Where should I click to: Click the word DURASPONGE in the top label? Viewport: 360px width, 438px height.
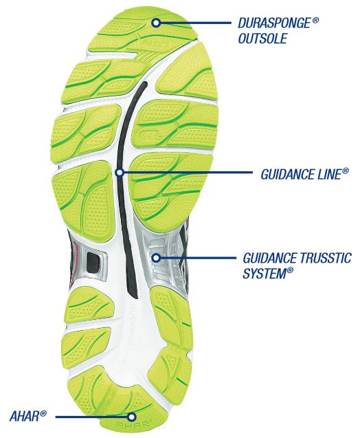[274, 23]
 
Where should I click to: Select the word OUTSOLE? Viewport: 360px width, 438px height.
[262, 39]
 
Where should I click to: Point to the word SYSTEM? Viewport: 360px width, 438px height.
[264, 273]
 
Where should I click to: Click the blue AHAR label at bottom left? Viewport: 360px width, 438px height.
[25, 416]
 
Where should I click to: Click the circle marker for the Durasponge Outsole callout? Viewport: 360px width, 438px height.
[157, 23]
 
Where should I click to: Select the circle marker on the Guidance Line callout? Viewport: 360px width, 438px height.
[120, 173]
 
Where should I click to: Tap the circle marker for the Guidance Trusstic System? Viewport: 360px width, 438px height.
[157, 258]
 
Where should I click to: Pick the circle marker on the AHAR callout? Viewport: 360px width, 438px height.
[132, 417]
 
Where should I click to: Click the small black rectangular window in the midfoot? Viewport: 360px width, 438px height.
[93, 261]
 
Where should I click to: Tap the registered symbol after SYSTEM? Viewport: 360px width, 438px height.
[290, 270]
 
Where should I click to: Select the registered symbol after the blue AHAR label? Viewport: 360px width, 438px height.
[43, 413]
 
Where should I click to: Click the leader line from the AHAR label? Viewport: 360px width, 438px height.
[91, 417]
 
